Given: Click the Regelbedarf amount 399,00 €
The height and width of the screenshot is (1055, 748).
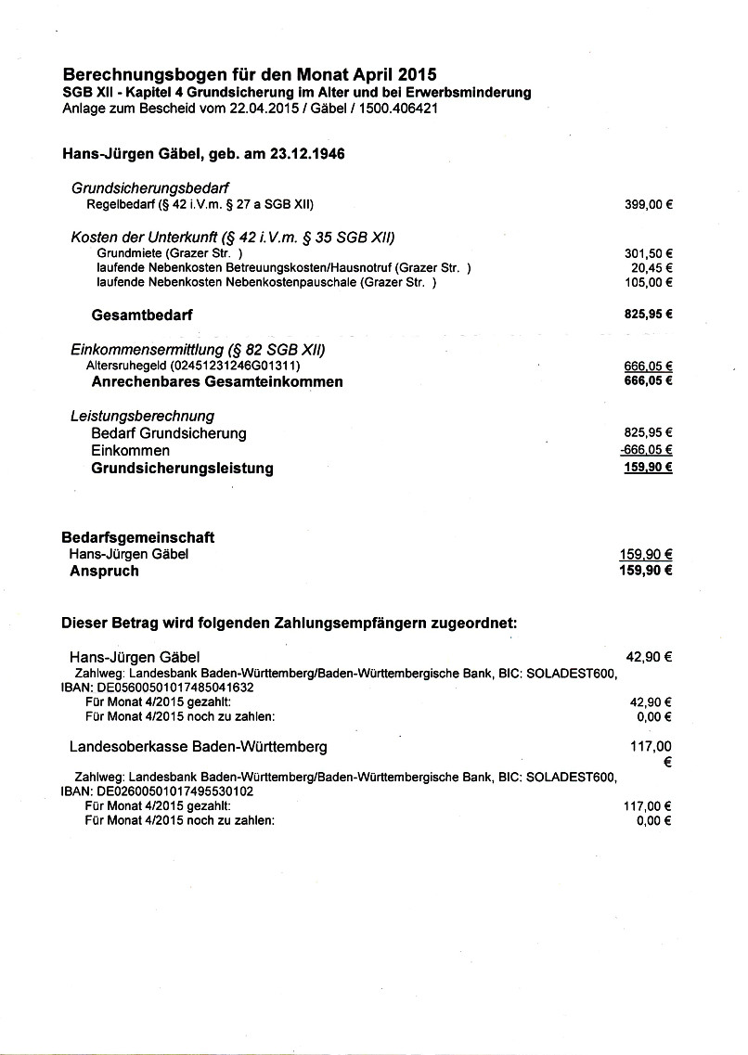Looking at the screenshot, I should click(x=648, y=204).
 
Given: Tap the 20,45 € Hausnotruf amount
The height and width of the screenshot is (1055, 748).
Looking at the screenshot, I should click(x=651, y=268).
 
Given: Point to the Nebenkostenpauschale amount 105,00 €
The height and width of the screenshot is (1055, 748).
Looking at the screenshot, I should click(x=648, y=282).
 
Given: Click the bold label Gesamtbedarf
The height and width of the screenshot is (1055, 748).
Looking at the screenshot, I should click(x=142, y=315).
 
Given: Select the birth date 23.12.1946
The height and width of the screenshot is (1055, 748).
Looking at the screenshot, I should click(x=308, y=154).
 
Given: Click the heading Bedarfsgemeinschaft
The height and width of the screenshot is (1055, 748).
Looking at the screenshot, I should click(x=138, y=537).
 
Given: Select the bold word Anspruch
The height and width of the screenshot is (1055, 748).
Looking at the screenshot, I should click(x=104, y=572).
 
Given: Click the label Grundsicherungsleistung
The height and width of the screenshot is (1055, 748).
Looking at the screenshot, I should click(x=182, y=469).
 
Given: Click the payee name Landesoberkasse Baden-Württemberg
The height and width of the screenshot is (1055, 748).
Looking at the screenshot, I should click(x=198, y=746).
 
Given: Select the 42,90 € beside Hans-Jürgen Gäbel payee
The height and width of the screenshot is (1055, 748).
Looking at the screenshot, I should click(x=649, y=657).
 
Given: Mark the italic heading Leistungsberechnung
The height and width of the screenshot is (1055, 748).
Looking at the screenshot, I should click(x=142, y=416).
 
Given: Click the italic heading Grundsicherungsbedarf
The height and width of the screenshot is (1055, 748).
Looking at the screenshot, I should click(x=150, y=187).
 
